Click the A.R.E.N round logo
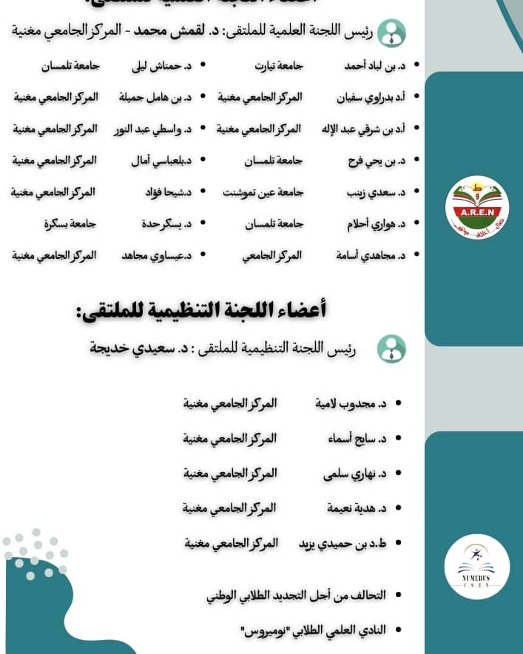pyautogui.click(x=477, y=207)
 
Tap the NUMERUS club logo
pyautogui.click(x=477, y=567)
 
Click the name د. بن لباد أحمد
pyautogui.click(x=375, y=65)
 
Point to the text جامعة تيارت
pyautogui.click(x=279, y=65)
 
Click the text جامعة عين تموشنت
pyautogui.click(x=263, y=192)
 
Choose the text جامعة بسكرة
pyautogui.click(x=70, y=223)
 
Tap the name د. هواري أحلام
pyautogui.click(x=376, y=223)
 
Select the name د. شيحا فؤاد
pyautogui.click(x=168, y=192)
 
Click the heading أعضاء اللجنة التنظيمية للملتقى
pyautogui.click(x=200, y=310)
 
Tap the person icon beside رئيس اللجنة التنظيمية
pyautogui.click(x=391, y=348)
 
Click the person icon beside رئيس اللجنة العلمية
pyautogui.click(x=391, y=33)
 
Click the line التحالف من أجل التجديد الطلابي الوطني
pyautogui.click(x=296, y=595)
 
